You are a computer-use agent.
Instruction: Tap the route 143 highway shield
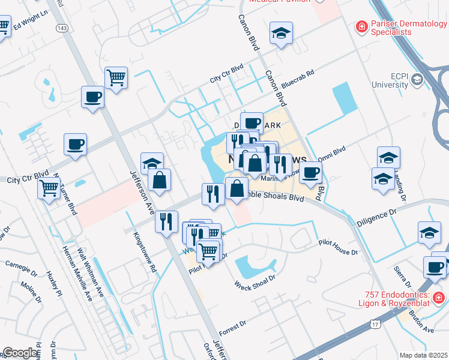point(61,28)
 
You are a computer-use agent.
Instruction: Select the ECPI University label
point(391,80)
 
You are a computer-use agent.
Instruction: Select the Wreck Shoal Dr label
point(255,280)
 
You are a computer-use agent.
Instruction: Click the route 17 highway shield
point(375,325)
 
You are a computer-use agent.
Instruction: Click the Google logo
point(20,353)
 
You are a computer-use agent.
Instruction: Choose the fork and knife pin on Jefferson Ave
point(166,221)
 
